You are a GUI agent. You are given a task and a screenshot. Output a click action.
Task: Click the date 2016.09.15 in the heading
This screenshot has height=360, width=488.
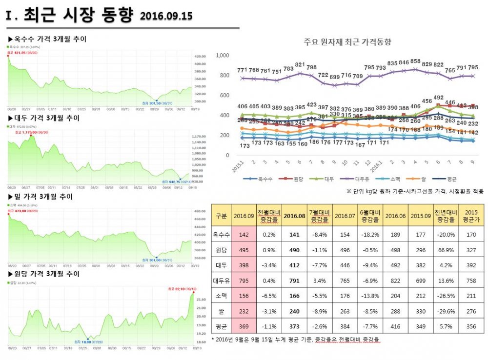point(166,16)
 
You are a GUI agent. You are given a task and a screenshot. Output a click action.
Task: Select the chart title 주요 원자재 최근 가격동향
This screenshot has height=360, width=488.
point(347,42)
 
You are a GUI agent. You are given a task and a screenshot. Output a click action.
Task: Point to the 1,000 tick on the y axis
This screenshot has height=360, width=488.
point(222,56)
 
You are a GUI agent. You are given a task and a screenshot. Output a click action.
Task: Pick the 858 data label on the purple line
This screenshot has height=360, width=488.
point(415,61)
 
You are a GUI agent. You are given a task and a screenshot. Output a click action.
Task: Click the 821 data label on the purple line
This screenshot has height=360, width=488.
point(300,64)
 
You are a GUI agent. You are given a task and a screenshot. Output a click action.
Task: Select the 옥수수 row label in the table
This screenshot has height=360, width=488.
point(221,234)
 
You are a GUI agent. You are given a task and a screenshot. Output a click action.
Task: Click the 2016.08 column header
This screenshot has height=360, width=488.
point(294,216)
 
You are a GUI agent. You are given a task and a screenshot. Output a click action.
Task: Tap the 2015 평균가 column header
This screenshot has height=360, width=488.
point(471,216)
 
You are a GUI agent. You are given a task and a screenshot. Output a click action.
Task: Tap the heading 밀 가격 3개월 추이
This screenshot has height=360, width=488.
point(43,197)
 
